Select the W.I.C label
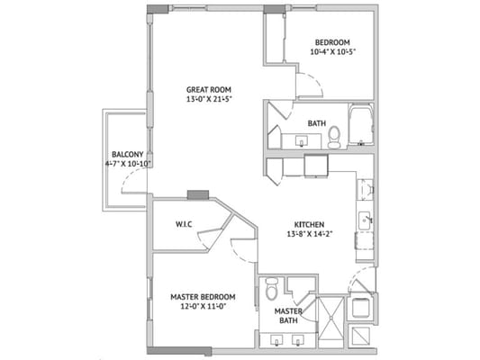185,225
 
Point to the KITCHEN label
309,225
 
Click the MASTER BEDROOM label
204,296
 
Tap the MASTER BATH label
289,316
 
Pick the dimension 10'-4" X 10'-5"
332,52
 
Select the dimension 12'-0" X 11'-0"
204,307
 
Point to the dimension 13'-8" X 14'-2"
309,236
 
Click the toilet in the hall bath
334,137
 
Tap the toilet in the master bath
271,294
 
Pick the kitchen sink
366,219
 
